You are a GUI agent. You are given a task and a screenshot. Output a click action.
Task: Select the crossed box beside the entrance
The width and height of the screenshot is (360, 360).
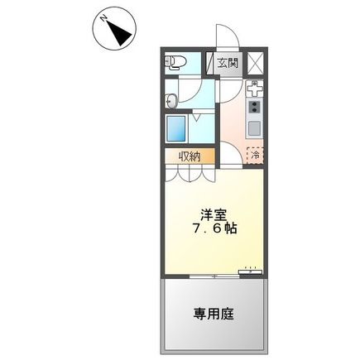click(254, 61)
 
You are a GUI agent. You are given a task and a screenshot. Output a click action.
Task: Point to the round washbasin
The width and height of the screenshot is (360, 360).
click(172, 101)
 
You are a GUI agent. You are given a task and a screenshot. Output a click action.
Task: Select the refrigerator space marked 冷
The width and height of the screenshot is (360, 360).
click(256, 154)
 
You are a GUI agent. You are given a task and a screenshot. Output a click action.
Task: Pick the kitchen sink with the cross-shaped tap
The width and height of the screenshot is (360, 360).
click(255, 87)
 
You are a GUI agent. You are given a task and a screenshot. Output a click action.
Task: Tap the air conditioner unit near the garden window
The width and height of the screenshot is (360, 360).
click(249, 269)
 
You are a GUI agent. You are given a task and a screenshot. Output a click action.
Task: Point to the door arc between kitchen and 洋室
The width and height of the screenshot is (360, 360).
click(229, 157)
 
